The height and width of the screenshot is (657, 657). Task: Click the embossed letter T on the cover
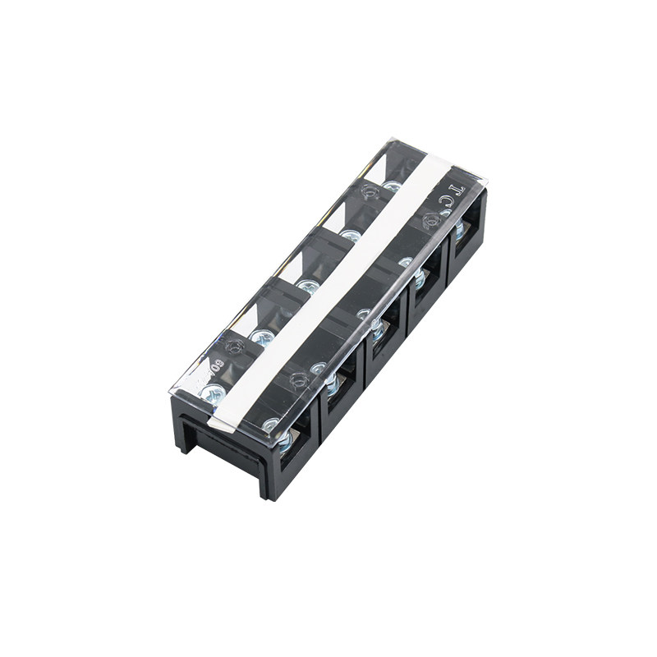(458, 192)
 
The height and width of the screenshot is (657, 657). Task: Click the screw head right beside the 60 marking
(211, 393)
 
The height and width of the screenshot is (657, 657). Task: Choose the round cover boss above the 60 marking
(233, 347)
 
